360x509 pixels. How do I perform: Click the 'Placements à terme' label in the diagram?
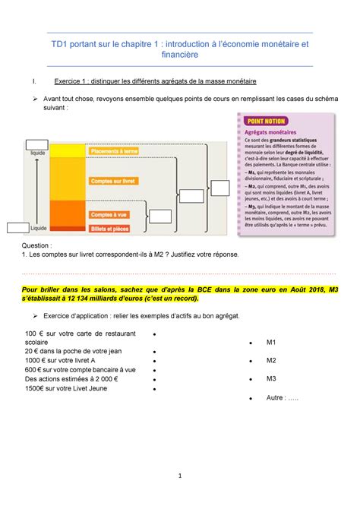pyautogui.click(x=114, y=152)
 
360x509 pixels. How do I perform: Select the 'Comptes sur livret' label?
pyautogui.click(x=112, y=181)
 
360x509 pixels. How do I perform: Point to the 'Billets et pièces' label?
pyautogui.click(x=111, y=226)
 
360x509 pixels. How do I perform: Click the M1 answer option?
pyautogui.click(x=271, y=343)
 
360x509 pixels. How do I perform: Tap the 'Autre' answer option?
pyautogui.click(x=280, y=397)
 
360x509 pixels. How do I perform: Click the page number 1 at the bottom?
pyautogui.click(x=181, y=477)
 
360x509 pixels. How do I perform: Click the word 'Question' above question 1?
pyautogui.click(x=37, y=246)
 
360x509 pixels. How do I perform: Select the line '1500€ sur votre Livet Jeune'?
pyautogui.click(x=66, y=388)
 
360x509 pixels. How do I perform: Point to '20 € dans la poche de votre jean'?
pyautogui.click(x=72, y=351)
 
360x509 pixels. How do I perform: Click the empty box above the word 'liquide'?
pyautogui.click(x=36, y=144)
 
